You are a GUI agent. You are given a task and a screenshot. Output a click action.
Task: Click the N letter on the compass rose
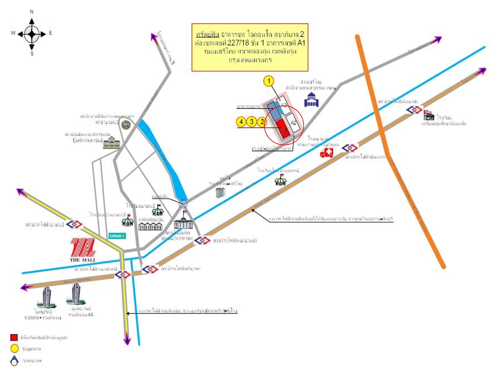(32, 12)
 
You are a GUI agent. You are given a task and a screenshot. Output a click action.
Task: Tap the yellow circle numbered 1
(269, 81)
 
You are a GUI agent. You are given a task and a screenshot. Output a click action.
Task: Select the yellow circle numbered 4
(241, 122)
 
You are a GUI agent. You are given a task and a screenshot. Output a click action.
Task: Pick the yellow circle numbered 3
(252, 122)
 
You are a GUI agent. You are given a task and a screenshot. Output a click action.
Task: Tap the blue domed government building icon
(311, 100)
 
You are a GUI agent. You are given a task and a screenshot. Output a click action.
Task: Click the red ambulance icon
(326, 153)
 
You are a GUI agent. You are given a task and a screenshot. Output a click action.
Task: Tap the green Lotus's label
(117, 236)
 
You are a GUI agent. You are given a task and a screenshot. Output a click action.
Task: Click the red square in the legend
(14, 337)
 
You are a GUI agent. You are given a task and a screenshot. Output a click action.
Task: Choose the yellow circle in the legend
(14, 349)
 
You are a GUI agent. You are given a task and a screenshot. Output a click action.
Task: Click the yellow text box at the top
(250, 47)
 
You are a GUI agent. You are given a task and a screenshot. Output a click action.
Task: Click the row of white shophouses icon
(150, 226)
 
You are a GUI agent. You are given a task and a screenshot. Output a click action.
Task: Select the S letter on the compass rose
(32, 54)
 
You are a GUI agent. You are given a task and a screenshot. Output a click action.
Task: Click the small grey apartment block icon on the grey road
(220, 192)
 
